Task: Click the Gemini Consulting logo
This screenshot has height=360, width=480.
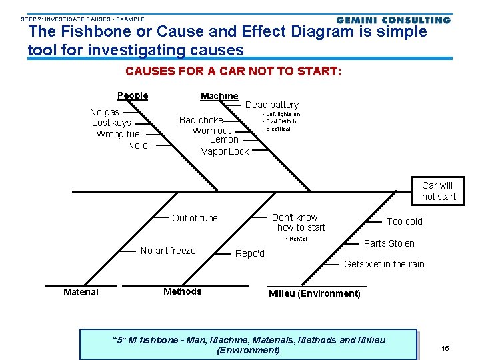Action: [393, 20]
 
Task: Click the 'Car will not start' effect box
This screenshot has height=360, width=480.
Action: [438, 191]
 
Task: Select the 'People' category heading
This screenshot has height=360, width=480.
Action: [133, 95]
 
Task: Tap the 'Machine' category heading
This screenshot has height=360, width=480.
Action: [219, 96]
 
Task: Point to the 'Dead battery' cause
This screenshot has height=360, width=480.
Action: [272, 105]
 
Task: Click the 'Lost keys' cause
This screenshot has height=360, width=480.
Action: [111, 123]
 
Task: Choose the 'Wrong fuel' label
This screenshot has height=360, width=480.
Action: [119, 134]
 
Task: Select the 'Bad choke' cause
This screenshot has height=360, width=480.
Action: [201, 120]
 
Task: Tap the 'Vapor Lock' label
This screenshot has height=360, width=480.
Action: [225, 151]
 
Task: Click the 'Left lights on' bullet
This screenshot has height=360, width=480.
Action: [283, 114]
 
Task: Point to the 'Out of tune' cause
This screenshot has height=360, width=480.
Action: [195, 218]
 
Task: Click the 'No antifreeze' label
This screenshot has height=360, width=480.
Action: [168, 251]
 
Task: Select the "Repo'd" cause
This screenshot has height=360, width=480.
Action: [251, 253]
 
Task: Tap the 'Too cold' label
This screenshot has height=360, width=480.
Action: [405, 221]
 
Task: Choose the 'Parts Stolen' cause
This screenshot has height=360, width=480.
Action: [389, 243]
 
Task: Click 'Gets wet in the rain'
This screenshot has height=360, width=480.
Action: [384, 264]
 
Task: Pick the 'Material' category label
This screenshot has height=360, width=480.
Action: [81, 292]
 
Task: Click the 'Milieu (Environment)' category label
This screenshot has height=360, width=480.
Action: [314, 293]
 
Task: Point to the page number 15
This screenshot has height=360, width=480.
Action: [445, 348]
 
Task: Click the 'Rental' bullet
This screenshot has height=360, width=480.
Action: [296, 239]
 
